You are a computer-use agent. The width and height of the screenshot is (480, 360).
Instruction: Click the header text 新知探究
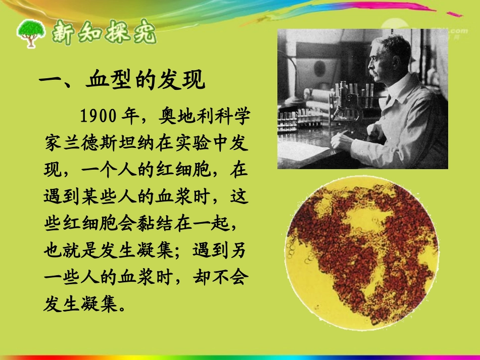(104, 33)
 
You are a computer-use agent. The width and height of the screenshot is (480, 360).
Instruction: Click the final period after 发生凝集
(123, 307)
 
